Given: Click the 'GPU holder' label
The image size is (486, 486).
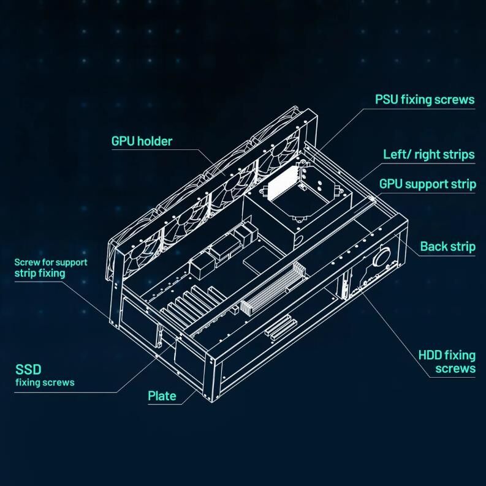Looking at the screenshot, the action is click(x=142, y=141).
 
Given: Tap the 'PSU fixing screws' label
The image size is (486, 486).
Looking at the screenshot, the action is click(x=425, y=100).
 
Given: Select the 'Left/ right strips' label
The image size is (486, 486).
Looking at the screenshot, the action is click(x=429, y=154).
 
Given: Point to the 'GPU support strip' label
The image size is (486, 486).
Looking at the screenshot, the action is click(x=428, y=184).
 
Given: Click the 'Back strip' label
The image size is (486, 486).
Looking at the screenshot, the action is click(x=448, y=247).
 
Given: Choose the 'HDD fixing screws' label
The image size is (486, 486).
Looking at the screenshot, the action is click(x=447, y=362).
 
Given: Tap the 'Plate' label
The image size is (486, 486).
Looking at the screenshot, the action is click(x=162, y=396).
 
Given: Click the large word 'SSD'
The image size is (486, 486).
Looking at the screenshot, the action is click(x=28, y=370).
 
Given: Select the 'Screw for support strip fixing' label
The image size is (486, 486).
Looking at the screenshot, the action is click(x=51, y=268).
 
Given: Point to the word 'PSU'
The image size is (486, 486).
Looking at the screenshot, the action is click(x=386, y=100).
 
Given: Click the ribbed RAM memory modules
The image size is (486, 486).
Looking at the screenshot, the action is click(x=273, y=288).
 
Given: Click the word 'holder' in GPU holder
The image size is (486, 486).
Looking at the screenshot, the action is click(x=155, y=141).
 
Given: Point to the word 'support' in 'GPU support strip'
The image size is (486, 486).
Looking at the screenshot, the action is click(x=430, y=185).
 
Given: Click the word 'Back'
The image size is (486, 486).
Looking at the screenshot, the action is click(x=433, y=247).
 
